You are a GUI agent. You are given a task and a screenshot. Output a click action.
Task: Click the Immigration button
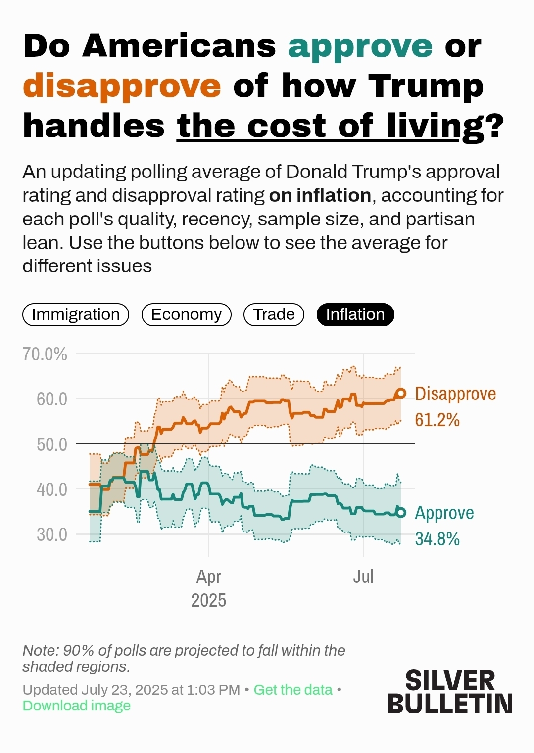76,314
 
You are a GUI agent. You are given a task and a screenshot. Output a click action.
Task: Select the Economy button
186,314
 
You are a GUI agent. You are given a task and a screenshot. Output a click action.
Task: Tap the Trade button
274,314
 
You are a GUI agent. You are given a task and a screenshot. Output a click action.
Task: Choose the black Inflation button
355,314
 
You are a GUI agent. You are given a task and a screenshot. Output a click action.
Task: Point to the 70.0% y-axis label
45,354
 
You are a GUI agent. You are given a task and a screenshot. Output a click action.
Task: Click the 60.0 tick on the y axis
51,399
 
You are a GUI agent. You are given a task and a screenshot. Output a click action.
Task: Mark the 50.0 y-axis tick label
51,444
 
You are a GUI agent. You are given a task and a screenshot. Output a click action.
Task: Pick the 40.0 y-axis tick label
51,489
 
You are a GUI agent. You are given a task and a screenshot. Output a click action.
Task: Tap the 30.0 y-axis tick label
51,534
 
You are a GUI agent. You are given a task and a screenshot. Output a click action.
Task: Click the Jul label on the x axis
363,576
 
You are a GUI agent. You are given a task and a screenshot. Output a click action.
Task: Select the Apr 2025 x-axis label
208,588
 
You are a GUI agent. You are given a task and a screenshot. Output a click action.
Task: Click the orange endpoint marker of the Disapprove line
401,394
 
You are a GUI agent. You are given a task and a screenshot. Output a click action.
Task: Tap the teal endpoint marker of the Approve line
401,513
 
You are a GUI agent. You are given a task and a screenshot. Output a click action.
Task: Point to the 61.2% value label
437,420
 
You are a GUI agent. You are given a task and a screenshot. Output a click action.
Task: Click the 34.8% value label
437,539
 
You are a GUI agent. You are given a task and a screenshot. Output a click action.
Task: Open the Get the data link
293,690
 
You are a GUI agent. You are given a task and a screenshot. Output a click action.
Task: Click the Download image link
77,706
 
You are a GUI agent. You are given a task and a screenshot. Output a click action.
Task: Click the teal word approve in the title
360,47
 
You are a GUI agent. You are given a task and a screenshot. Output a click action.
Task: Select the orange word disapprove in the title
122,87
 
